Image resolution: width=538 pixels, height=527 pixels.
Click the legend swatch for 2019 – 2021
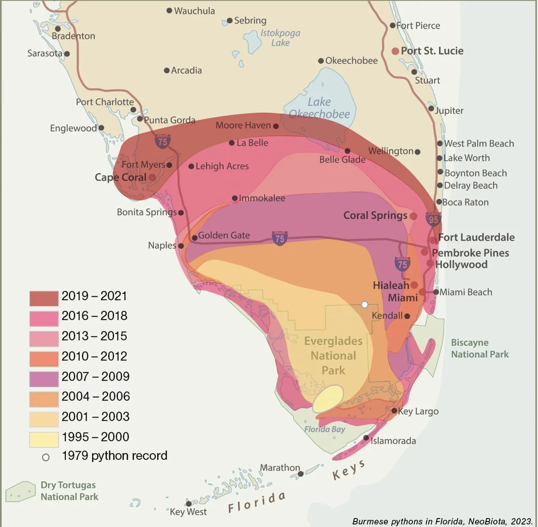click(x=44, y=298)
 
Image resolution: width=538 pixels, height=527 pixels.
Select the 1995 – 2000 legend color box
click(x=44, y=439)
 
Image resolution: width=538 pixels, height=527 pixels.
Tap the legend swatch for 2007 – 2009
click(x=44, y=379)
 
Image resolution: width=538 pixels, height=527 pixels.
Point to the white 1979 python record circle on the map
click(x=365, y=304)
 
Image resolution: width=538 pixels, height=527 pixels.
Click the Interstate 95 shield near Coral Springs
click(x=433, y=219)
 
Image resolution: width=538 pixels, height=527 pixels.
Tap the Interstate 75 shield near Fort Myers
click(x=162, y=141)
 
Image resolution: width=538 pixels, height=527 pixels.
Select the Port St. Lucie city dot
click(x=395, y=51)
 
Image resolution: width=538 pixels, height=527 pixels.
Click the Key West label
click(x=188, y=512)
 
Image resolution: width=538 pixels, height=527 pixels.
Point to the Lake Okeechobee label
click(x=319, y=108)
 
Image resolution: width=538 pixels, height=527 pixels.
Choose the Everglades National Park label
click(x=333, y=355)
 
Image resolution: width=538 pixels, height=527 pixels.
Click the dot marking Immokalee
click(x=235, y=198)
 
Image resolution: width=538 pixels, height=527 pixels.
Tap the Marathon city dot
click(x=300, y=474)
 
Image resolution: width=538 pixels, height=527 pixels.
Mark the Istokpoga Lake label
click(x=280, y=38)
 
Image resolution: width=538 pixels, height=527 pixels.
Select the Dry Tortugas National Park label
click(x=69, y=491)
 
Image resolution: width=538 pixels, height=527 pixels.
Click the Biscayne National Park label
click(x=480, y=348)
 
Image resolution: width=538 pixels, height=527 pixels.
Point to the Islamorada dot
click(x=366, y=438)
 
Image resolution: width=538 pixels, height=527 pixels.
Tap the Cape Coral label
click(x=120, y=177)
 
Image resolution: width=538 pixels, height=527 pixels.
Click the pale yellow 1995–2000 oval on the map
click(x=328, y=398)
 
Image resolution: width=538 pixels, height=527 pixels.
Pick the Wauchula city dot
click(x=169, y=11)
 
